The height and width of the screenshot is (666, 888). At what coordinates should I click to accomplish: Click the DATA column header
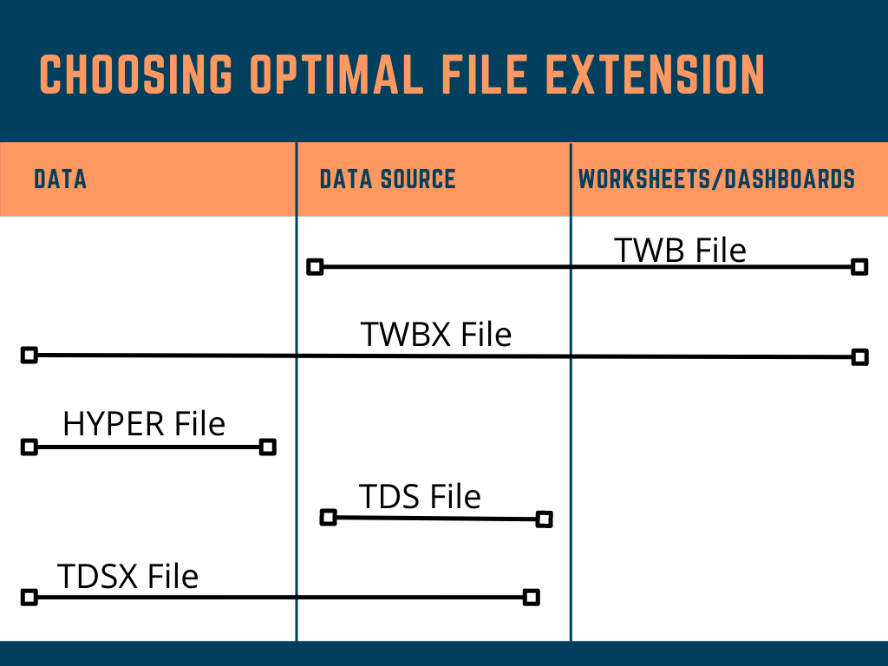[60, 180]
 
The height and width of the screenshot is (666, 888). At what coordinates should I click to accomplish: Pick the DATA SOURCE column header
[388, 180]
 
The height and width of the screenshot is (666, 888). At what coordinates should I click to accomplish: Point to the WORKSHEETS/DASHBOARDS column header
[716, 180]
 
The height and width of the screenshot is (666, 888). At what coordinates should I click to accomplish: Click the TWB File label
[680, 250]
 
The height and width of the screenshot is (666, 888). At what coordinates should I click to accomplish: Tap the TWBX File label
[435, 334]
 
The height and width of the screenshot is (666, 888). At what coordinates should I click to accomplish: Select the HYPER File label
[144, 424]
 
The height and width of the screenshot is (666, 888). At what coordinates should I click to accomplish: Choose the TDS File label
[420, 497]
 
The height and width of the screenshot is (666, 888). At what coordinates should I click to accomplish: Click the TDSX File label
[127, 576]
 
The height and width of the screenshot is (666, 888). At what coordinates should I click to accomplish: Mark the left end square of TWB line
[316, 267]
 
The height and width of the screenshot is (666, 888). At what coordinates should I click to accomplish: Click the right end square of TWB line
[859, 267]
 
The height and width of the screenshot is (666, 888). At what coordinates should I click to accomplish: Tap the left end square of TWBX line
[29, 355]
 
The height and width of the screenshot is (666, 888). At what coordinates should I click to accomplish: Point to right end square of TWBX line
[859, 356]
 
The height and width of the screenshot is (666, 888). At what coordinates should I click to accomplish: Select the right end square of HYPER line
[268, 447]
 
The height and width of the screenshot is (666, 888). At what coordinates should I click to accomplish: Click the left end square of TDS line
[328, 518]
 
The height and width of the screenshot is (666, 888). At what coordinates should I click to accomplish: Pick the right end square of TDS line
[544, 519]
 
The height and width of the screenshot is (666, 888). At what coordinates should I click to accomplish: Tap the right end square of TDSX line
[532, 597]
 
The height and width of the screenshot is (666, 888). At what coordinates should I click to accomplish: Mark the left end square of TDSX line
[29, 597]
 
